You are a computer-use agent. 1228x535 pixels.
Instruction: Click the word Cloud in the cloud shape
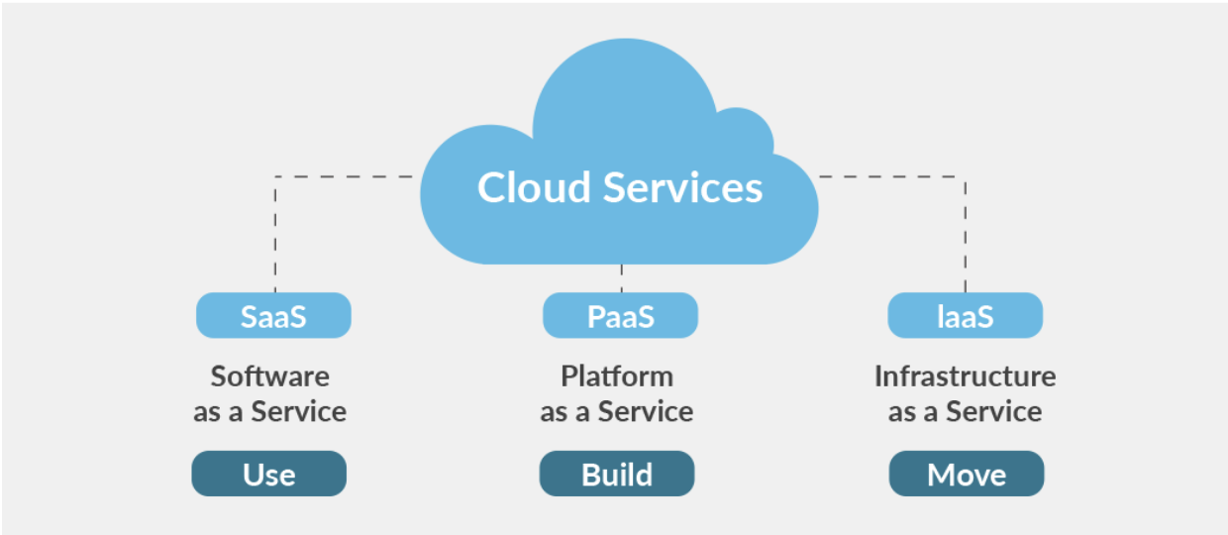[x=534, y=187]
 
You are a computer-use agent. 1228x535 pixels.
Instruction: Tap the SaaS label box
[x=273, y=315]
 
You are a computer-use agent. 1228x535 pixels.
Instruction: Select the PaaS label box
[x=620, y=315]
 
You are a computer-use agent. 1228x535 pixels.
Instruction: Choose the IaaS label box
[x=965, y=315]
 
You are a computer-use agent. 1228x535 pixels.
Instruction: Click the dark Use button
[x=269, y=474]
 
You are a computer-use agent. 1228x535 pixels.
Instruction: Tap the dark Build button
[x=617, y=474]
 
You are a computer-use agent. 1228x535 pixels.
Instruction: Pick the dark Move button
[x=967, y=474]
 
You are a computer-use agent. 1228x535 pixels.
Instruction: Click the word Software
[x=269, y=376]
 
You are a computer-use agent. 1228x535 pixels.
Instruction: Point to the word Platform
[x=617, y=376]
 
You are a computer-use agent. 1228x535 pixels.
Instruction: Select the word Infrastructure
[x=965, y=376]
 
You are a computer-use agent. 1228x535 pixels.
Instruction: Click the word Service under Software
[x=298, y=411]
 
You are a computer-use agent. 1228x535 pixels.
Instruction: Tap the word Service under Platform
[x=645, y=411]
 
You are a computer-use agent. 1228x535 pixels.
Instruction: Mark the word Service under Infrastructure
[x=993, y=411]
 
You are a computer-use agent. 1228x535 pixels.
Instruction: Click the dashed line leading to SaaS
[x=275, y=228]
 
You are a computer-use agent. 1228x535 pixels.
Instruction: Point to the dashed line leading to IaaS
[x=966, y=228]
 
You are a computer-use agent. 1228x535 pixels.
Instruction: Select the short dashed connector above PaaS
[x=621, y=278]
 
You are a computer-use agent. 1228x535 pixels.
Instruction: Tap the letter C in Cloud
[x=492, y=187]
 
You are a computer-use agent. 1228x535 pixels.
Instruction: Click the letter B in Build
[x=591, y=474]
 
